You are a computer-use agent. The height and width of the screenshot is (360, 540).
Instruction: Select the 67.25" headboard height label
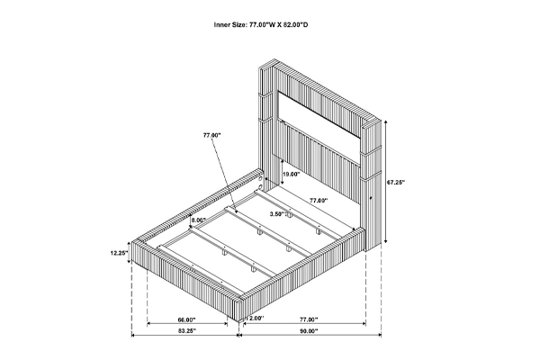coord(396,182)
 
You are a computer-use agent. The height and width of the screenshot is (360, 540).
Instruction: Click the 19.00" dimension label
coord(292,175)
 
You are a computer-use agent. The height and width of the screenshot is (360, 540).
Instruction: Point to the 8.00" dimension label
coord(199,220)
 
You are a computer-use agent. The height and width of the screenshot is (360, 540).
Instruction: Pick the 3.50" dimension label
coord(277,214)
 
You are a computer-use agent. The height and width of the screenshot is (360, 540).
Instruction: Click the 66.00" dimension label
coord(186,319)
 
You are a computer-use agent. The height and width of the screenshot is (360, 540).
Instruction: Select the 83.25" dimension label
coord(187,330)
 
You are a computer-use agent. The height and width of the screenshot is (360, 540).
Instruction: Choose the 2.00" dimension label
coord(255,319)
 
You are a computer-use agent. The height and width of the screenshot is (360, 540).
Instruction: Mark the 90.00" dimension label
coord(309,330)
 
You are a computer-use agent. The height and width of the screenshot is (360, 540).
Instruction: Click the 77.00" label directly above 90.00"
coord(309,319)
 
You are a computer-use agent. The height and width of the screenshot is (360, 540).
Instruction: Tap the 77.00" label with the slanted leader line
coord(211,135)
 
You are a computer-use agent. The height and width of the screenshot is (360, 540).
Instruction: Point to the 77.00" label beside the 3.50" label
coord(319,200)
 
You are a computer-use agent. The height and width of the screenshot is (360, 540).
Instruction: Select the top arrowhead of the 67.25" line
coord(386,122)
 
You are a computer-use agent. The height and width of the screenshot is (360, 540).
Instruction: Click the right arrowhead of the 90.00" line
coord(380,335)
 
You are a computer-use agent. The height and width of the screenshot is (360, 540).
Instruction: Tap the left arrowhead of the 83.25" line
coord(134,335)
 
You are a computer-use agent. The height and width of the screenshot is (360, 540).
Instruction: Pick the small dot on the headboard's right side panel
coord(372,198)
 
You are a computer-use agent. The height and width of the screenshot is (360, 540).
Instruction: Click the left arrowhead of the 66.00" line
coord(149,323)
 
